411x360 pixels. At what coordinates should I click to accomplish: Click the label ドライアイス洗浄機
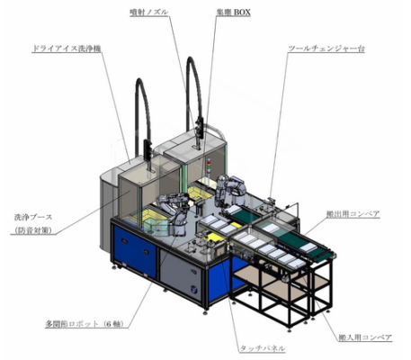pos(67,49)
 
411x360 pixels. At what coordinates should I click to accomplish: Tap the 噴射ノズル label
pos(149,13)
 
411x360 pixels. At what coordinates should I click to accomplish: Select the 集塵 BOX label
pos(233,13)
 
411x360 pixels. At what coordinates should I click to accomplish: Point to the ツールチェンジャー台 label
pos(326,49)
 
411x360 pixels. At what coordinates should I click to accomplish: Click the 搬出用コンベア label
pos(353,214)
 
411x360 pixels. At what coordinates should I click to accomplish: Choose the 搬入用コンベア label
pos(365,337)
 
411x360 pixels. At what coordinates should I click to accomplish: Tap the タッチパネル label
pos(262,348)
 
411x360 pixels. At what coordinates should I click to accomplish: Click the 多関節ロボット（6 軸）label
pos(84,324)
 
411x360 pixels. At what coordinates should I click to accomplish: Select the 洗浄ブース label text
pos(33,217)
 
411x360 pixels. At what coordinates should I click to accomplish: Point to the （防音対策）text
pos(33,230)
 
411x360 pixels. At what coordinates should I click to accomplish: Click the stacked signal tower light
pos(209,166)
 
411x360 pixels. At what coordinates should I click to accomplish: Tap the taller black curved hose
pos(194,90)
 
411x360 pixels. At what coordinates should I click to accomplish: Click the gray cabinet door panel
pos(181,274)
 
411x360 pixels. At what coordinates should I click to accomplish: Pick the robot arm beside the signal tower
pos(229,190)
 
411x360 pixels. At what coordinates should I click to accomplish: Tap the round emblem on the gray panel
pos(193,290)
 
